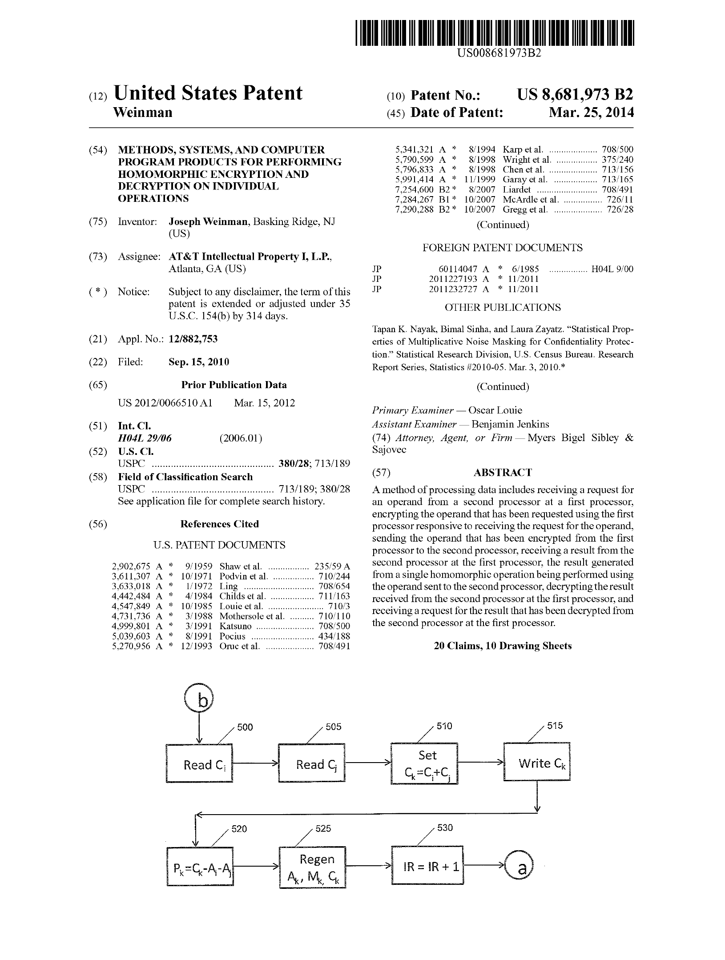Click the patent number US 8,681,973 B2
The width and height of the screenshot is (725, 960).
[x=575, y=95]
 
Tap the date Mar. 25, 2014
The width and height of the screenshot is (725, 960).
[x=591, y=112]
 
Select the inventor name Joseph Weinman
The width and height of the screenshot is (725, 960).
[x=208, y=222]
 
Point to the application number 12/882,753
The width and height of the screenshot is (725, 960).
[x=193, y=339]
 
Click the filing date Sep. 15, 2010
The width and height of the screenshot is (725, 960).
[x=198, y=362]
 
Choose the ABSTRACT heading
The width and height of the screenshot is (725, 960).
[x=503, y=472]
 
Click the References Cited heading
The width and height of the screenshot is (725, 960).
[x=219, y=524]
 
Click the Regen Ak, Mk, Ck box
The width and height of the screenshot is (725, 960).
[x=313, y=868]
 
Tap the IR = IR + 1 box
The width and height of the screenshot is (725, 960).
[x=427, y=865]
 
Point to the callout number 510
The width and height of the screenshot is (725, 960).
[x=444, y=726]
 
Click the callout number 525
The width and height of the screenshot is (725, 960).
[x=323, y=828]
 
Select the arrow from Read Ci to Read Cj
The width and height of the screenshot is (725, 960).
[x=256, y=763]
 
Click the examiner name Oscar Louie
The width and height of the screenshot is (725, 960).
[x=495, y=410]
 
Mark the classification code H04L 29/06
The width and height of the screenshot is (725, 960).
[x=145, y=438]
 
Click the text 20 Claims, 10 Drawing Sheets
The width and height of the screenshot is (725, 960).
[x=503, y=646]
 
